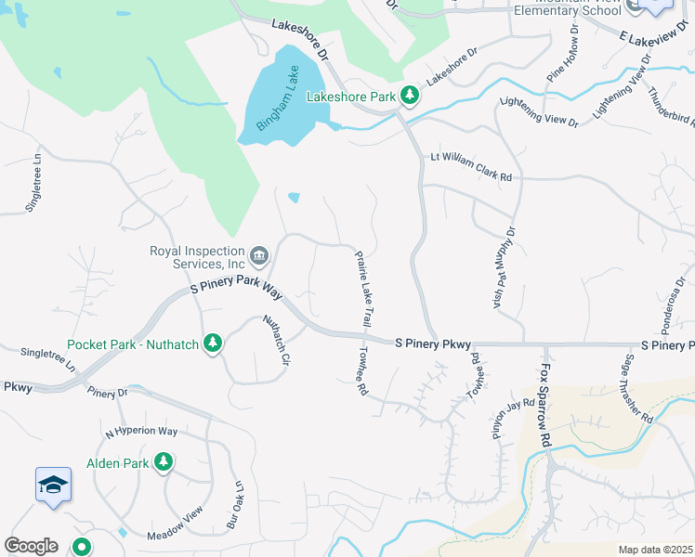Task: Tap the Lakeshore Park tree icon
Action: pos(410,95)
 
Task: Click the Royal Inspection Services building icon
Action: pos(259,254)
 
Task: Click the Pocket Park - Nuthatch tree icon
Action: pos(214,344)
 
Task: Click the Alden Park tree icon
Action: pos(164,462)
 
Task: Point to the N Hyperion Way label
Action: pos(141,432)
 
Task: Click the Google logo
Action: pos(31,546)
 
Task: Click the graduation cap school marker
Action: pos(53,485)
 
